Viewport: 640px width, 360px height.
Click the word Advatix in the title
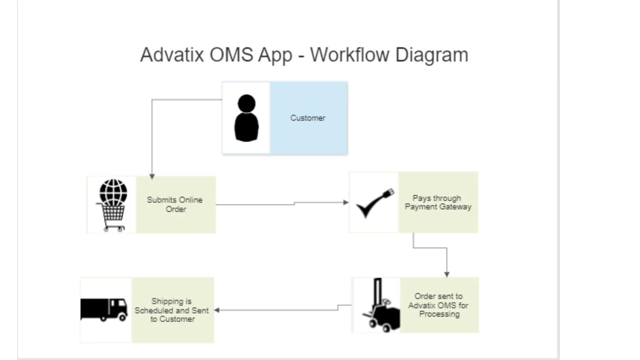click(x=172, y=54)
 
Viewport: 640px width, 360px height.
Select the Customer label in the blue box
click(x=308, y=118)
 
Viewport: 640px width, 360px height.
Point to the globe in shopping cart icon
click(x=113, y=204)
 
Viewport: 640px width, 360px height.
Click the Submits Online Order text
click(x=175, y=204)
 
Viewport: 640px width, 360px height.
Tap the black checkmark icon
click(x=372, y=204)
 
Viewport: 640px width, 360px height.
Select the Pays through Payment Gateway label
click(x=438, y=202)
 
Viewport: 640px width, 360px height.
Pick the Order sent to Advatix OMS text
click(x=438, y=305)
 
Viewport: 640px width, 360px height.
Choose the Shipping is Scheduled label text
click(x=172, y=310)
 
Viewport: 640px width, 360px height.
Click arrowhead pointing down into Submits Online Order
click(x=152, y=176)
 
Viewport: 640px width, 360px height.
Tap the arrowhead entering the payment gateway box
click(x=346, y=202)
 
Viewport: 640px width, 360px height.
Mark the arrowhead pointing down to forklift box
click(x=447, y=274)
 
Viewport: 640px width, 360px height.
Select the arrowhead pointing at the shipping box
click(x=217, y=310)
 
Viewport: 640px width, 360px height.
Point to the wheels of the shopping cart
click(x=114, y=229)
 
